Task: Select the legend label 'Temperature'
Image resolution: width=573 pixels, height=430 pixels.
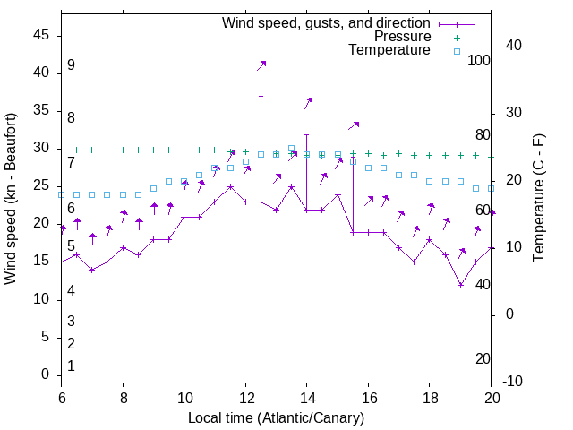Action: pos(389,51)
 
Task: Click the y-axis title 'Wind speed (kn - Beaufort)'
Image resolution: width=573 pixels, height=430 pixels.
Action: pos(11,199)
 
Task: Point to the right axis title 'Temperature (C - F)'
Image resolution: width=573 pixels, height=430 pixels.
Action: pos(539,199)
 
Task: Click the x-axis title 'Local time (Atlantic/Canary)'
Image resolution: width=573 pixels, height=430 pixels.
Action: pos(276,417)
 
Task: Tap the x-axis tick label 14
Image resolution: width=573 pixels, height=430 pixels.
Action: pos(306,397)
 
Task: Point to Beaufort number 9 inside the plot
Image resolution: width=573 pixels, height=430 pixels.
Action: pos(71,65)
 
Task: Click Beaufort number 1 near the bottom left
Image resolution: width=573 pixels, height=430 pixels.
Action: pos(71,366)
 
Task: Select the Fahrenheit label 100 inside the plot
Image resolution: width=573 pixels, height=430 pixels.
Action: pos(479,60)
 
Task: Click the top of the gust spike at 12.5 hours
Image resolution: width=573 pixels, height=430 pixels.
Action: pos(261,96)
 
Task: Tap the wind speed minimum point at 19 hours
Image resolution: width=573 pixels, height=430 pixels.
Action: pos(460,285)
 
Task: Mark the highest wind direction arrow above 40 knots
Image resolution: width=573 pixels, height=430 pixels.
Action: pos(261,65)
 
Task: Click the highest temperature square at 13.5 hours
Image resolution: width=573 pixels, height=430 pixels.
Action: pos(291,149)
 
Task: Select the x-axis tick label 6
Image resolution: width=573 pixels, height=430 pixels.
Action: pos(61,397)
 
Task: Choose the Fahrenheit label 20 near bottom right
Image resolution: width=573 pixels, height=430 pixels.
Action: pos(483,358)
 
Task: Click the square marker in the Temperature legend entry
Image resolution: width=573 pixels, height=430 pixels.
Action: pos(456,51)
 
